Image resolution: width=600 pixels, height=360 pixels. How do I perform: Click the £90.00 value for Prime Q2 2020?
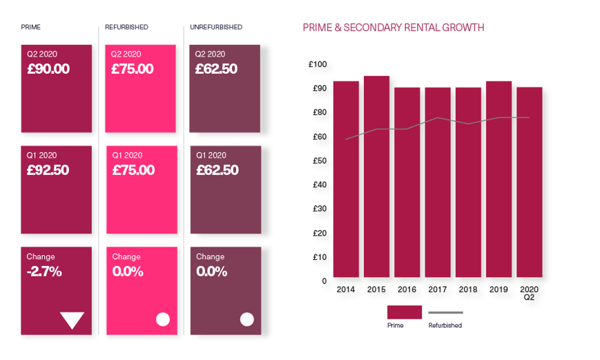[48, 69]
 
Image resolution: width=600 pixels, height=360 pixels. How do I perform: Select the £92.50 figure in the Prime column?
[48, 170]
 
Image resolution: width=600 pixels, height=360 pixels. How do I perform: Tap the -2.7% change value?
[44, 272]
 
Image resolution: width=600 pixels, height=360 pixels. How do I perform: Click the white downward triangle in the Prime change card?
[72, 320]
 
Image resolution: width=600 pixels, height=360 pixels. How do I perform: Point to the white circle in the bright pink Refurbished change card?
[163, 319]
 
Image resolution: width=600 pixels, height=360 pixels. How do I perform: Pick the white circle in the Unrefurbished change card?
[246, 319]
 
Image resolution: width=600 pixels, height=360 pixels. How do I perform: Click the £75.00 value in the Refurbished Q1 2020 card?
[133, 170]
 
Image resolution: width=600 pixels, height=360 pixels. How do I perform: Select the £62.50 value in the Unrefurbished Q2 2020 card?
[217, 69]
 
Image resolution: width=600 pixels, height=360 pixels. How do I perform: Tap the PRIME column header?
[31, 28]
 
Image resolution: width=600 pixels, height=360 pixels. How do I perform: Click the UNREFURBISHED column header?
[217, 28]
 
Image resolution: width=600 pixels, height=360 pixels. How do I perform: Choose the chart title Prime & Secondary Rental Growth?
[393, 28]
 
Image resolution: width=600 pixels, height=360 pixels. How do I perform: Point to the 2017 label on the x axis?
[437, 289]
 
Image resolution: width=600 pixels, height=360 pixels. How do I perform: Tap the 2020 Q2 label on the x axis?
[529, 292]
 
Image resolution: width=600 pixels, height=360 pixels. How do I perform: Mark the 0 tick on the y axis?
[323, 281]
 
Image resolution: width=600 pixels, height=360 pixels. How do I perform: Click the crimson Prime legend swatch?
[404, 312]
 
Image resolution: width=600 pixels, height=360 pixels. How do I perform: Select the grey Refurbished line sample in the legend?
[445, 312]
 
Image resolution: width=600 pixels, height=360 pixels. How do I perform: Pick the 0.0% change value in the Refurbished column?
[128, 272]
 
